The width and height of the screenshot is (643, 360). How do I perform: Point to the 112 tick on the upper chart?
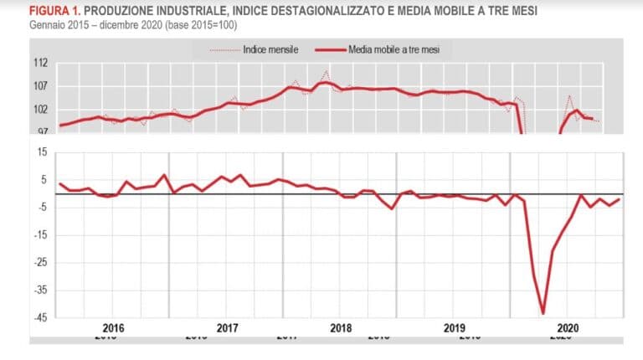click(41, 63)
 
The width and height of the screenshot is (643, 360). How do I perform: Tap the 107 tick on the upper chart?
click(41, 86)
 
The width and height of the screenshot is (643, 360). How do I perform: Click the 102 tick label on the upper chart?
click(41, 110)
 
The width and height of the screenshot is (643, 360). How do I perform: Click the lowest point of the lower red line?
click(543, 313)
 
